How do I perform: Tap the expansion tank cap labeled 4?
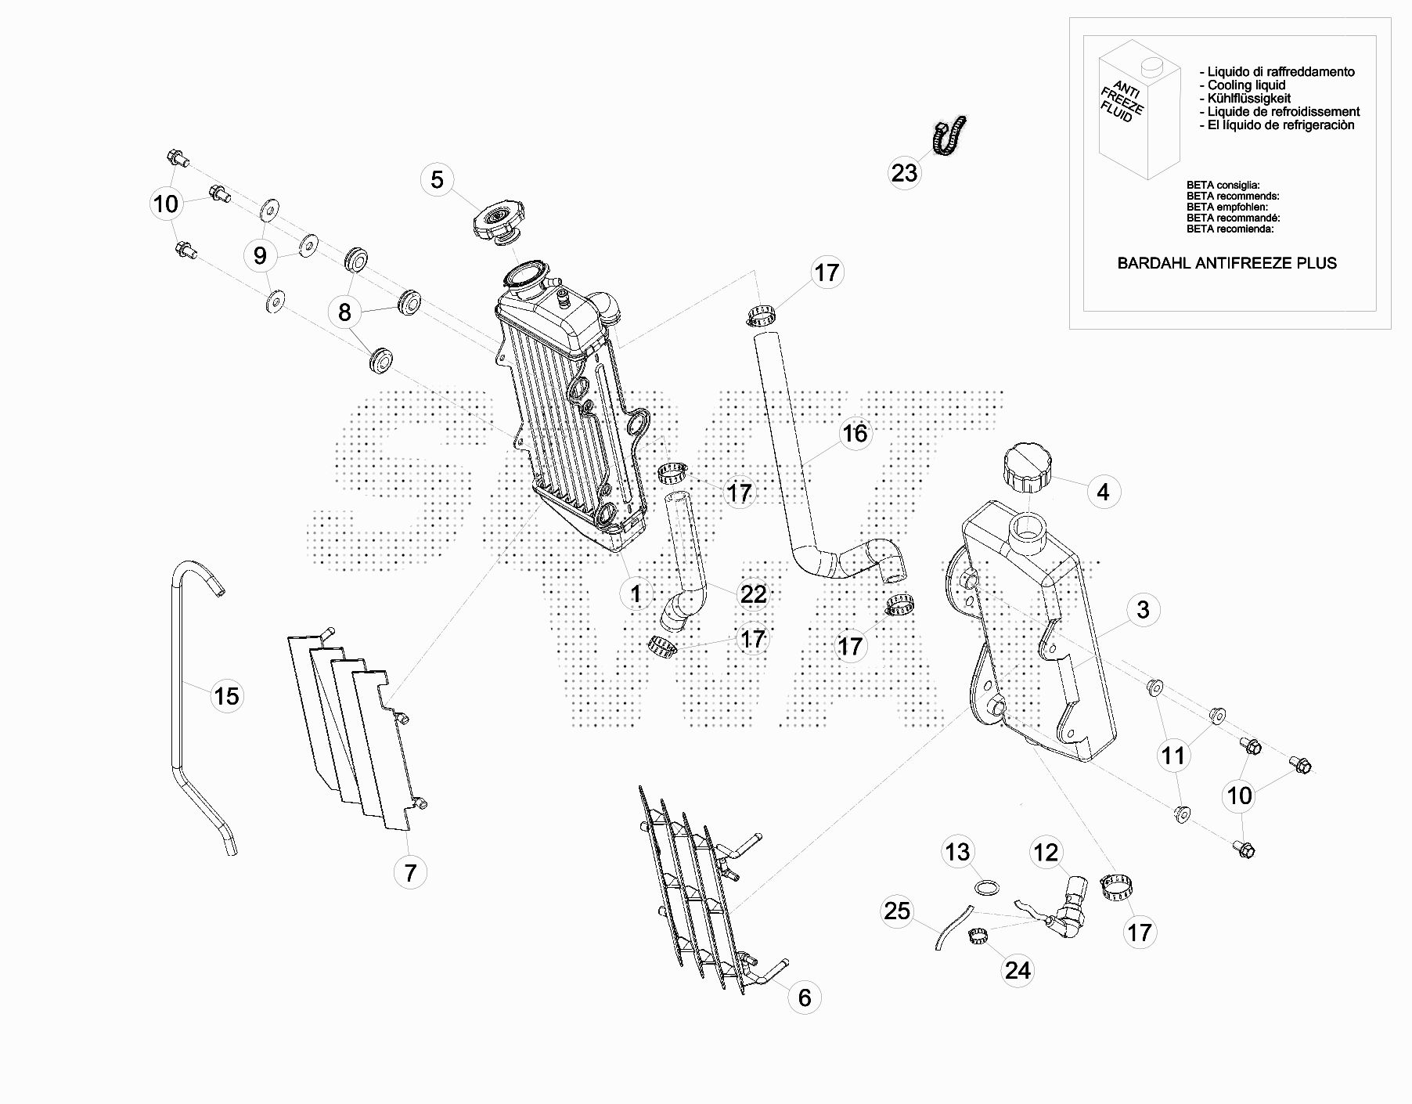click(1027, 467)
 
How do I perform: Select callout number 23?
click(904, 172)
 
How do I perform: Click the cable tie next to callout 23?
click(949, 135)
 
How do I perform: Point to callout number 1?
click(636, 593)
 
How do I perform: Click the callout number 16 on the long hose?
click(855, 433)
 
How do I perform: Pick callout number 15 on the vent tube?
click(227, 695)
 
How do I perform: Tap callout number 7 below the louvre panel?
click(410, 871)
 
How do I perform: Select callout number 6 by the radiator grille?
click(805, 998)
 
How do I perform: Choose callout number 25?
click(897, 911)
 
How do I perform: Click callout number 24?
click(1018, 970)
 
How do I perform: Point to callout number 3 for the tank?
click(1143, 609)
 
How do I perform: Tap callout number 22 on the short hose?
click(753, 594)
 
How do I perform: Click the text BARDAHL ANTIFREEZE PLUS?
click(1226, 263)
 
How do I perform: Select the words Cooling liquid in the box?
click(1246, 85)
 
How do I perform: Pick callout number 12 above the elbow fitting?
click(1046, 852)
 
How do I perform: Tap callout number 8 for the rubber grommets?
click(344, 312)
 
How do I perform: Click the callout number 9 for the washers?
click(260, 254)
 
